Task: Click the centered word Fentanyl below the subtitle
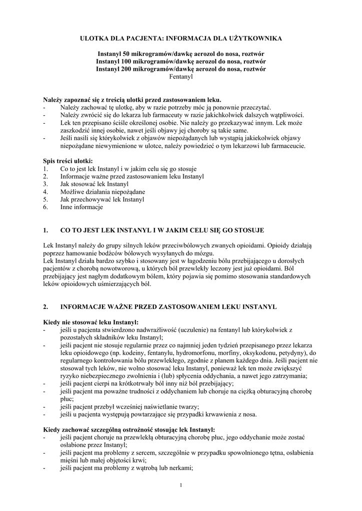click(x=180, y=77)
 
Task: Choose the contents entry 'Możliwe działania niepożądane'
click(x=102, y=192)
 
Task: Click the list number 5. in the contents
click(x=45, y=199)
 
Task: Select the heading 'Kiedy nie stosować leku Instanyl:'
click(x=91, y=322)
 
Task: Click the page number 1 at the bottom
click(x=181, y=486)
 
